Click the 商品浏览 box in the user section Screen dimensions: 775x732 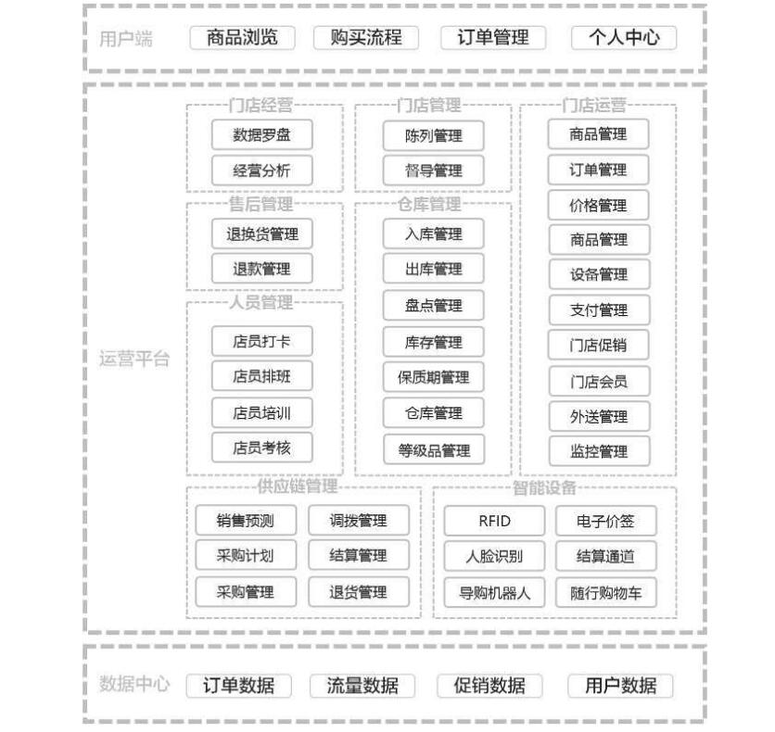242,38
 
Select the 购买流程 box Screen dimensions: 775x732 366,38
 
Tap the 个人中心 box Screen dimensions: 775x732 624,38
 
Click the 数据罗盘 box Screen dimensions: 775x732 262,135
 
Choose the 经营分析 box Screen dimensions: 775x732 262,170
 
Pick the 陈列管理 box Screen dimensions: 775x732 434,136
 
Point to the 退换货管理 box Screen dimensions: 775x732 262,234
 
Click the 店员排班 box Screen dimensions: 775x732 262,376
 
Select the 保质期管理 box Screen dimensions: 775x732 434,378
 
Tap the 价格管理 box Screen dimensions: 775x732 598,206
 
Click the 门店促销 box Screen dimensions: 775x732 598,346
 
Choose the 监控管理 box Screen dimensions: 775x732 599,451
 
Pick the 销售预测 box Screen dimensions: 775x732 246,521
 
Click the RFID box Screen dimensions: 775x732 494,521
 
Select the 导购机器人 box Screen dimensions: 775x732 494,593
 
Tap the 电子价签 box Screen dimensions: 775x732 606,521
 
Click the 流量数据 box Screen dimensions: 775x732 362,686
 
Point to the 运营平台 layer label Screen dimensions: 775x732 134,360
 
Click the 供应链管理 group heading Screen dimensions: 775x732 298,486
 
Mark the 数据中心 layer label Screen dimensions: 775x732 134,684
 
